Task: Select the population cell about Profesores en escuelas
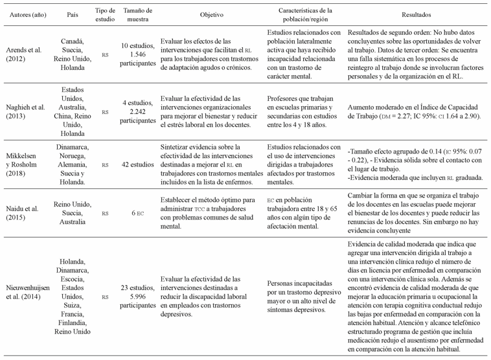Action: (x=304, y=110)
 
